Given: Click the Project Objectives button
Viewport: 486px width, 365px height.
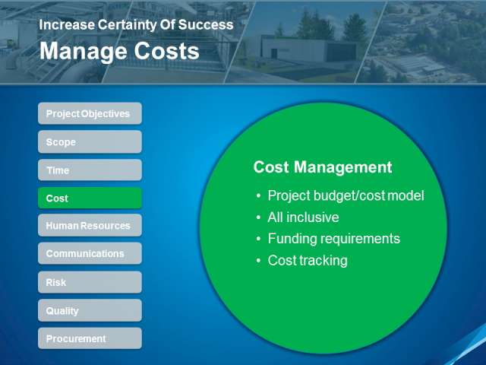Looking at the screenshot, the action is pyautogui.click(x=90, y=113).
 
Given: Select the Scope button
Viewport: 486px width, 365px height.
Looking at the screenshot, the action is pyautogui.click(x=90, y=142).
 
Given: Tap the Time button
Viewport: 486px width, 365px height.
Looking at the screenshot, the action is pyautogui.click(x=90, y=170).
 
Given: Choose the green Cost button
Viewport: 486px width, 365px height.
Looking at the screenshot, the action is pyautogui.click(x=90, y=198).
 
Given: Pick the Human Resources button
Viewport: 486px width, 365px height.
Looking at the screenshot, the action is pyautogui.click(x=90, y=225).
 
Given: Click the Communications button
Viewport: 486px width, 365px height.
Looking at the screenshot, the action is pyautogui.click(x=90, y=253).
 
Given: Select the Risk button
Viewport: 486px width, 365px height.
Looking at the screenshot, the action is pyautogui.click(x=90, y=282).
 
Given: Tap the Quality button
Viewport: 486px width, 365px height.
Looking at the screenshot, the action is pyautogui.click(x=90, y=310).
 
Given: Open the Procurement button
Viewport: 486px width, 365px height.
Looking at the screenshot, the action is pyautogui.click(x=90, y=338).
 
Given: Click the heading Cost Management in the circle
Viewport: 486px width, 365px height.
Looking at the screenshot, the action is pyautogui.click(x=323, y=167).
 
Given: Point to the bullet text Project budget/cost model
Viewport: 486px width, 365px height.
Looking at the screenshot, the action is pyautogui.click(x=346, y=196).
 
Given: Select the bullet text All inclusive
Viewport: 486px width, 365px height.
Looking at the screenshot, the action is pyautogui.click(x=303, y=217).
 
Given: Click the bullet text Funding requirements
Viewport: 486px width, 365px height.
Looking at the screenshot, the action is pyautogui.click(x=334, y=239).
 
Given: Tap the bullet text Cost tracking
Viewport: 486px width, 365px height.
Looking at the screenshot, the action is pyautogui.click(x=308, y=261).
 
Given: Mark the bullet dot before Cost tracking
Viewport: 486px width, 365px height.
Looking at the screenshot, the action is pyautogui.click(x=258, y=261).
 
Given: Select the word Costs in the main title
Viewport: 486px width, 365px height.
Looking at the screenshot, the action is pyautogui.click(x=166, y=51).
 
